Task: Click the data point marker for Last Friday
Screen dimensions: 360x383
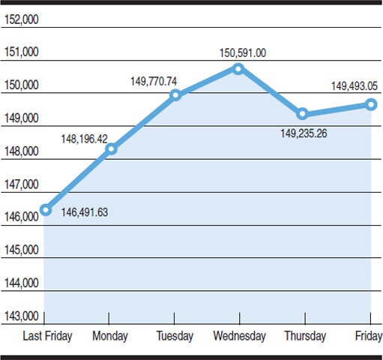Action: pyautogui.click(x=46, y=209)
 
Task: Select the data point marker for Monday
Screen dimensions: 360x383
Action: pyautogui.click(x=111, y=148)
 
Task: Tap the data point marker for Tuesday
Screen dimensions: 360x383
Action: pyautogui.click(x=175, y=95)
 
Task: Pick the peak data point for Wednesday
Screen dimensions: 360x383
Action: pyautogui.click(x=238, y=68)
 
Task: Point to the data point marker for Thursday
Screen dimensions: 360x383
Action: pyautogui.click(x=302, y=114)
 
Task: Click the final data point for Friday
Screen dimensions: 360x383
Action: pyautogui.click(x=371, y=104)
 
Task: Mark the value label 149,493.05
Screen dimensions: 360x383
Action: pyautogui.click(x=355, y=86)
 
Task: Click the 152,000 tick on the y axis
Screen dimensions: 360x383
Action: pyautogui.click(x=21, y=19)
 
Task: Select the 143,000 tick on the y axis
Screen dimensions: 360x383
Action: pyautogui.click(x=21, y=316)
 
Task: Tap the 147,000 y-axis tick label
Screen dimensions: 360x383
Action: pyautogui.click(x=21, y=184)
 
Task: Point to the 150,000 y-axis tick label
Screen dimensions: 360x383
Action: pyautogui.click(x=21, y=85)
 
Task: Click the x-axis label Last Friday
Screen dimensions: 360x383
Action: pyautogui.click(x=48, y=336)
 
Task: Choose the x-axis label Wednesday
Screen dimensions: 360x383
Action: pyautogui.click(x=238, y=336)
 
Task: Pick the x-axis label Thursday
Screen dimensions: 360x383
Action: pyautogui.click(x=304, y=336)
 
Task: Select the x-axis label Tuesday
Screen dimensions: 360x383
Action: pyautogui.click(x=175, y=336)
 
